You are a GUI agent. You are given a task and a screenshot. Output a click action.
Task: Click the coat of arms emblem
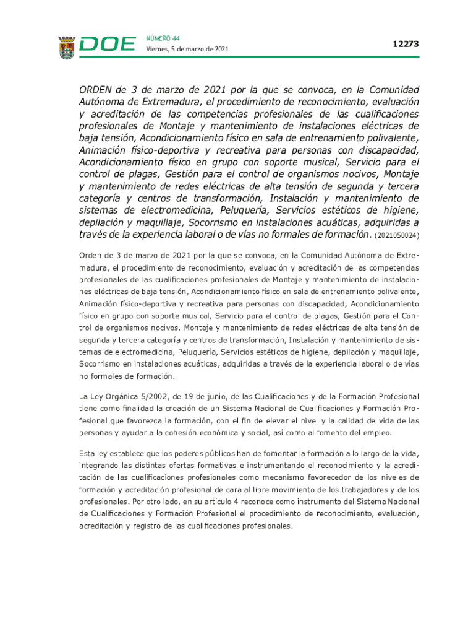point(66,48)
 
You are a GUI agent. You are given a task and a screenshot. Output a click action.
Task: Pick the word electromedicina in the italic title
point(163,211)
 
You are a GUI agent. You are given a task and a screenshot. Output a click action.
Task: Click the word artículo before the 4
point(227,501)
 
